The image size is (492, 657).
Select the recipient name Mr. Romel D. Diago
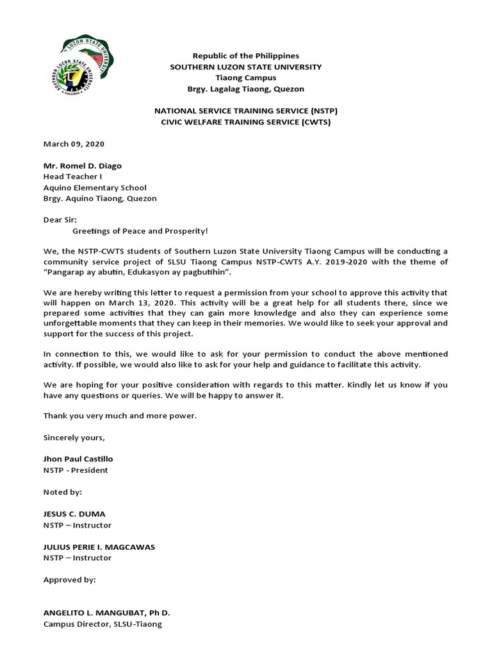[x=82, y=166]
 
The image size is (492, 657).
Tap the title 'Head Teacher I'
[x=72, y=176]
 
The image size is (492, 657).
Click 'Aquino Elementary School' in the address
[x=95, y=187]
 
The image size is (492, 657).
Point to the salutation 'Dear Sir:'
[x=60, y=219]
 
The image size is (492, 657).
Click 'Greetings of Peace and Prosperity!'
[x=140, y=230]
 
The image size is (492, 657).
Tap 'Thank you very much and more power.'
[x=120, y=416]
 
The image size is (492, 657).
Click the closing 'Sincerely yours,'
[x=73, y=438]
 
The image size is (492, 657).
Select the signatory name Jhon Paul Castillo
[x=78, y=459]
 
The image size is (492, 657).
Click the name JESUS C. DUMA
[x=73, y=515]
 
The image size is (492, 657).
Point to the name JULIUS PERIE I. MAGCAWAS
[x=99, y=547]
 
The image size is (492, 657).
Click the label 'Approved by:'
[x=69, y=580]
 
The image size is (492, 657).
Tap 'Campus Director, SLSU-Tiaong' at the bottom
[x=102, y=624]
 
